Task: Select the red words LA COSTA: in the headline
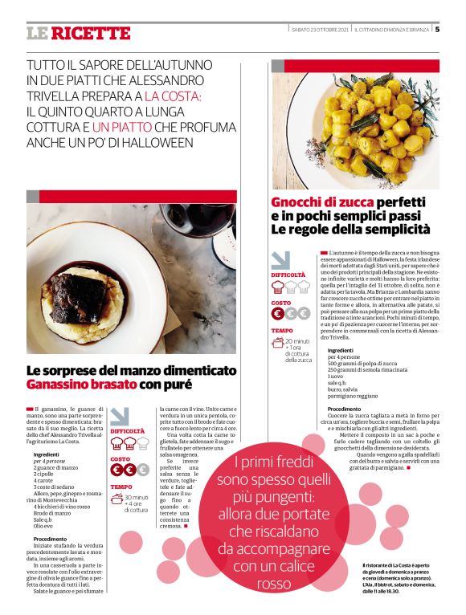[x=174, y=95]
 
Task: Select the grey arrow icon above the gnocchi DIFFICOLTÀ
[x=281, y=260]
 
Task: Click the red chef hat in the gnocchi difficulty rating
[x=278, y=287]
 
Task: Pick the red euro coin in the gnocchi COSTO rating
[x=277, y=314]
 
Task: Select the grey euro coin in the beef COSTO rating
[x=142, y=470]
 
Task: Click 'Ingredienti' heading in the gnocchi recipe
[x=341, y=350]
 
